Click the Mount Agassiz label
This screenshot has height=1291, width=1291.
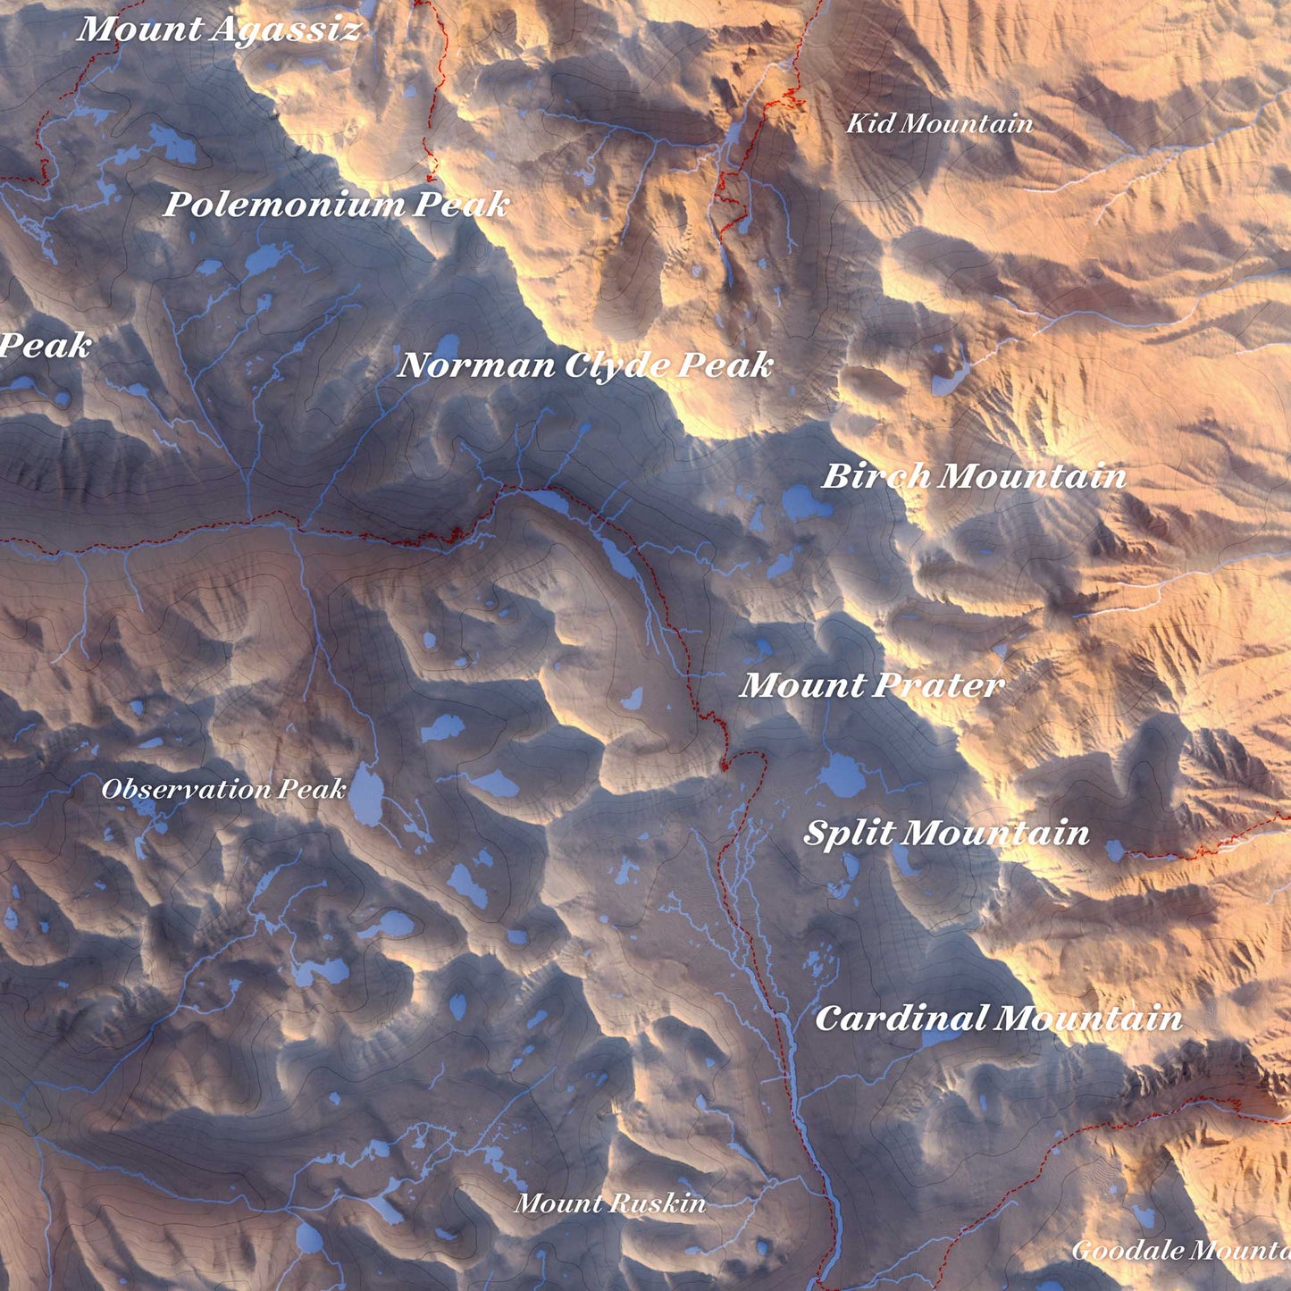point(219,29)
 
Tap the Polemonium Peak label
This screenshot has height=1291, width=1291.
point(336,205)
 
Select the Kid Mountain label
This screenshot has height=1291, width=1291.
point(939,123)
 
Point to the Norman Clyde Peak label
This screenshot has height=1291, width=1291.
point(585,365)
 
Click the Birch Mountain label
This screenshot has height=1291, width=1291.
point(974,475)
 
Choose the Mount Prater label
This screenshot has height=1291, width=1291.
point(872,685)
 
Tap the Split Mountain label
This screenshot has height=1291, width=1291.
point(946,833)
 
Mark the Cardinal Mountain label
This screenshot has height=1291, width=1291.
point(998,1018)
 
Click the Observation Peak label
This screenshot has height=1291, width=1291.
point(223,789)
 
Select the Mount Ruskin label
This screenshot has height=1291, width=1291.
point(610,1203)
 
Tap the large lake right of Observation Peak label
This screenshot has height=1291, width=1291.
point(365,795)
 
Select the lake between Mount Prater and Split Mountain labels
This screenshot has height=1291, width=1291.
point(842,775)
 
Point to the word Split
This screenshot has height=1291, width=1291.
point(849,833)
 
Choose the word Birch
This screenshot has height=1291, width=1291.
point(876,475)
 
